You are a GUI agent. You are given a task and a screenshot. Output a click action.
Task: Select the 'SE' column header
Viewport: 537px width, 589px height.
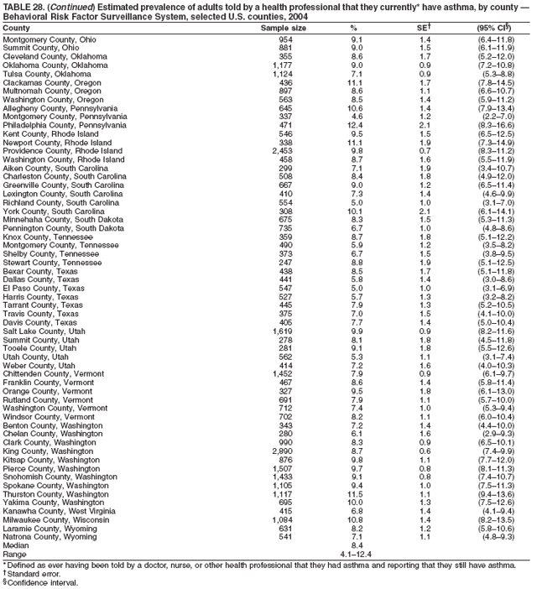tap(425, 28)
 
